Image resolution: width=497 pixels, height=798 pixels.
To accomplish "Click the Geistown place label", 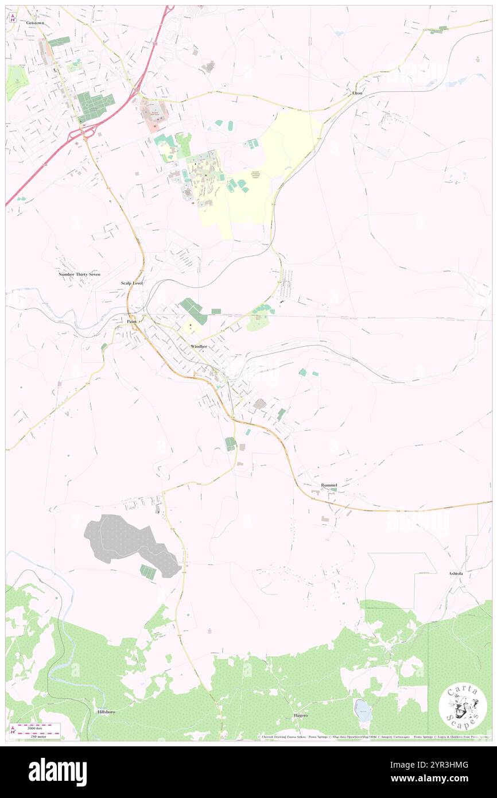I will coord(35,22).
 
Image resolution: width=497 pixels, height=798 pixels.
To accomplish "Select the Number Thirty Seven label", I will coord(79,274).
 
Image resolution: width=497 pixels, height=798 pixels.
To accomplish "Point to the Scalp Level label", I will coord(131,284).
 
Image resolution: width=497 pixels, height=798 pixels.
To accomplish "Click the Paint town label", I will coord(131,321).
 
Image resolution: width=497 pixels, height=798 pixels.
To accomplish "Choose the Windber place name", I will coord(199,347).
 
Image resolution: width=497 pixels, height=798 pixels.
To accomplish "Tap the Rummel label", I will coord(329,485).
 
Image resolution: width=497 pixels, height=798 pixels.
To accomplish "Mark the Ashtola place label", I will coord(459,574).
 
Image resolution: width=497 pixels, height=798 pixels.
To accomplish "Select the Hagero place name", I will coord(301,715).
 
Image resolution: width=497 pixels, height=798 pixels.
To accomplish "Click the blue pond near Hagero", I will coord(363,711).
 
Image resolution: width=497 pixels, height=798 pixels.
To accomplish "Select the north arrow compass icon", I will coord(12,17).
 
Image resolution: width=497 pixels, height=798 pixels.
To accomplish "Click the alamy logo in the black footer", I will coord(57,771).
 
